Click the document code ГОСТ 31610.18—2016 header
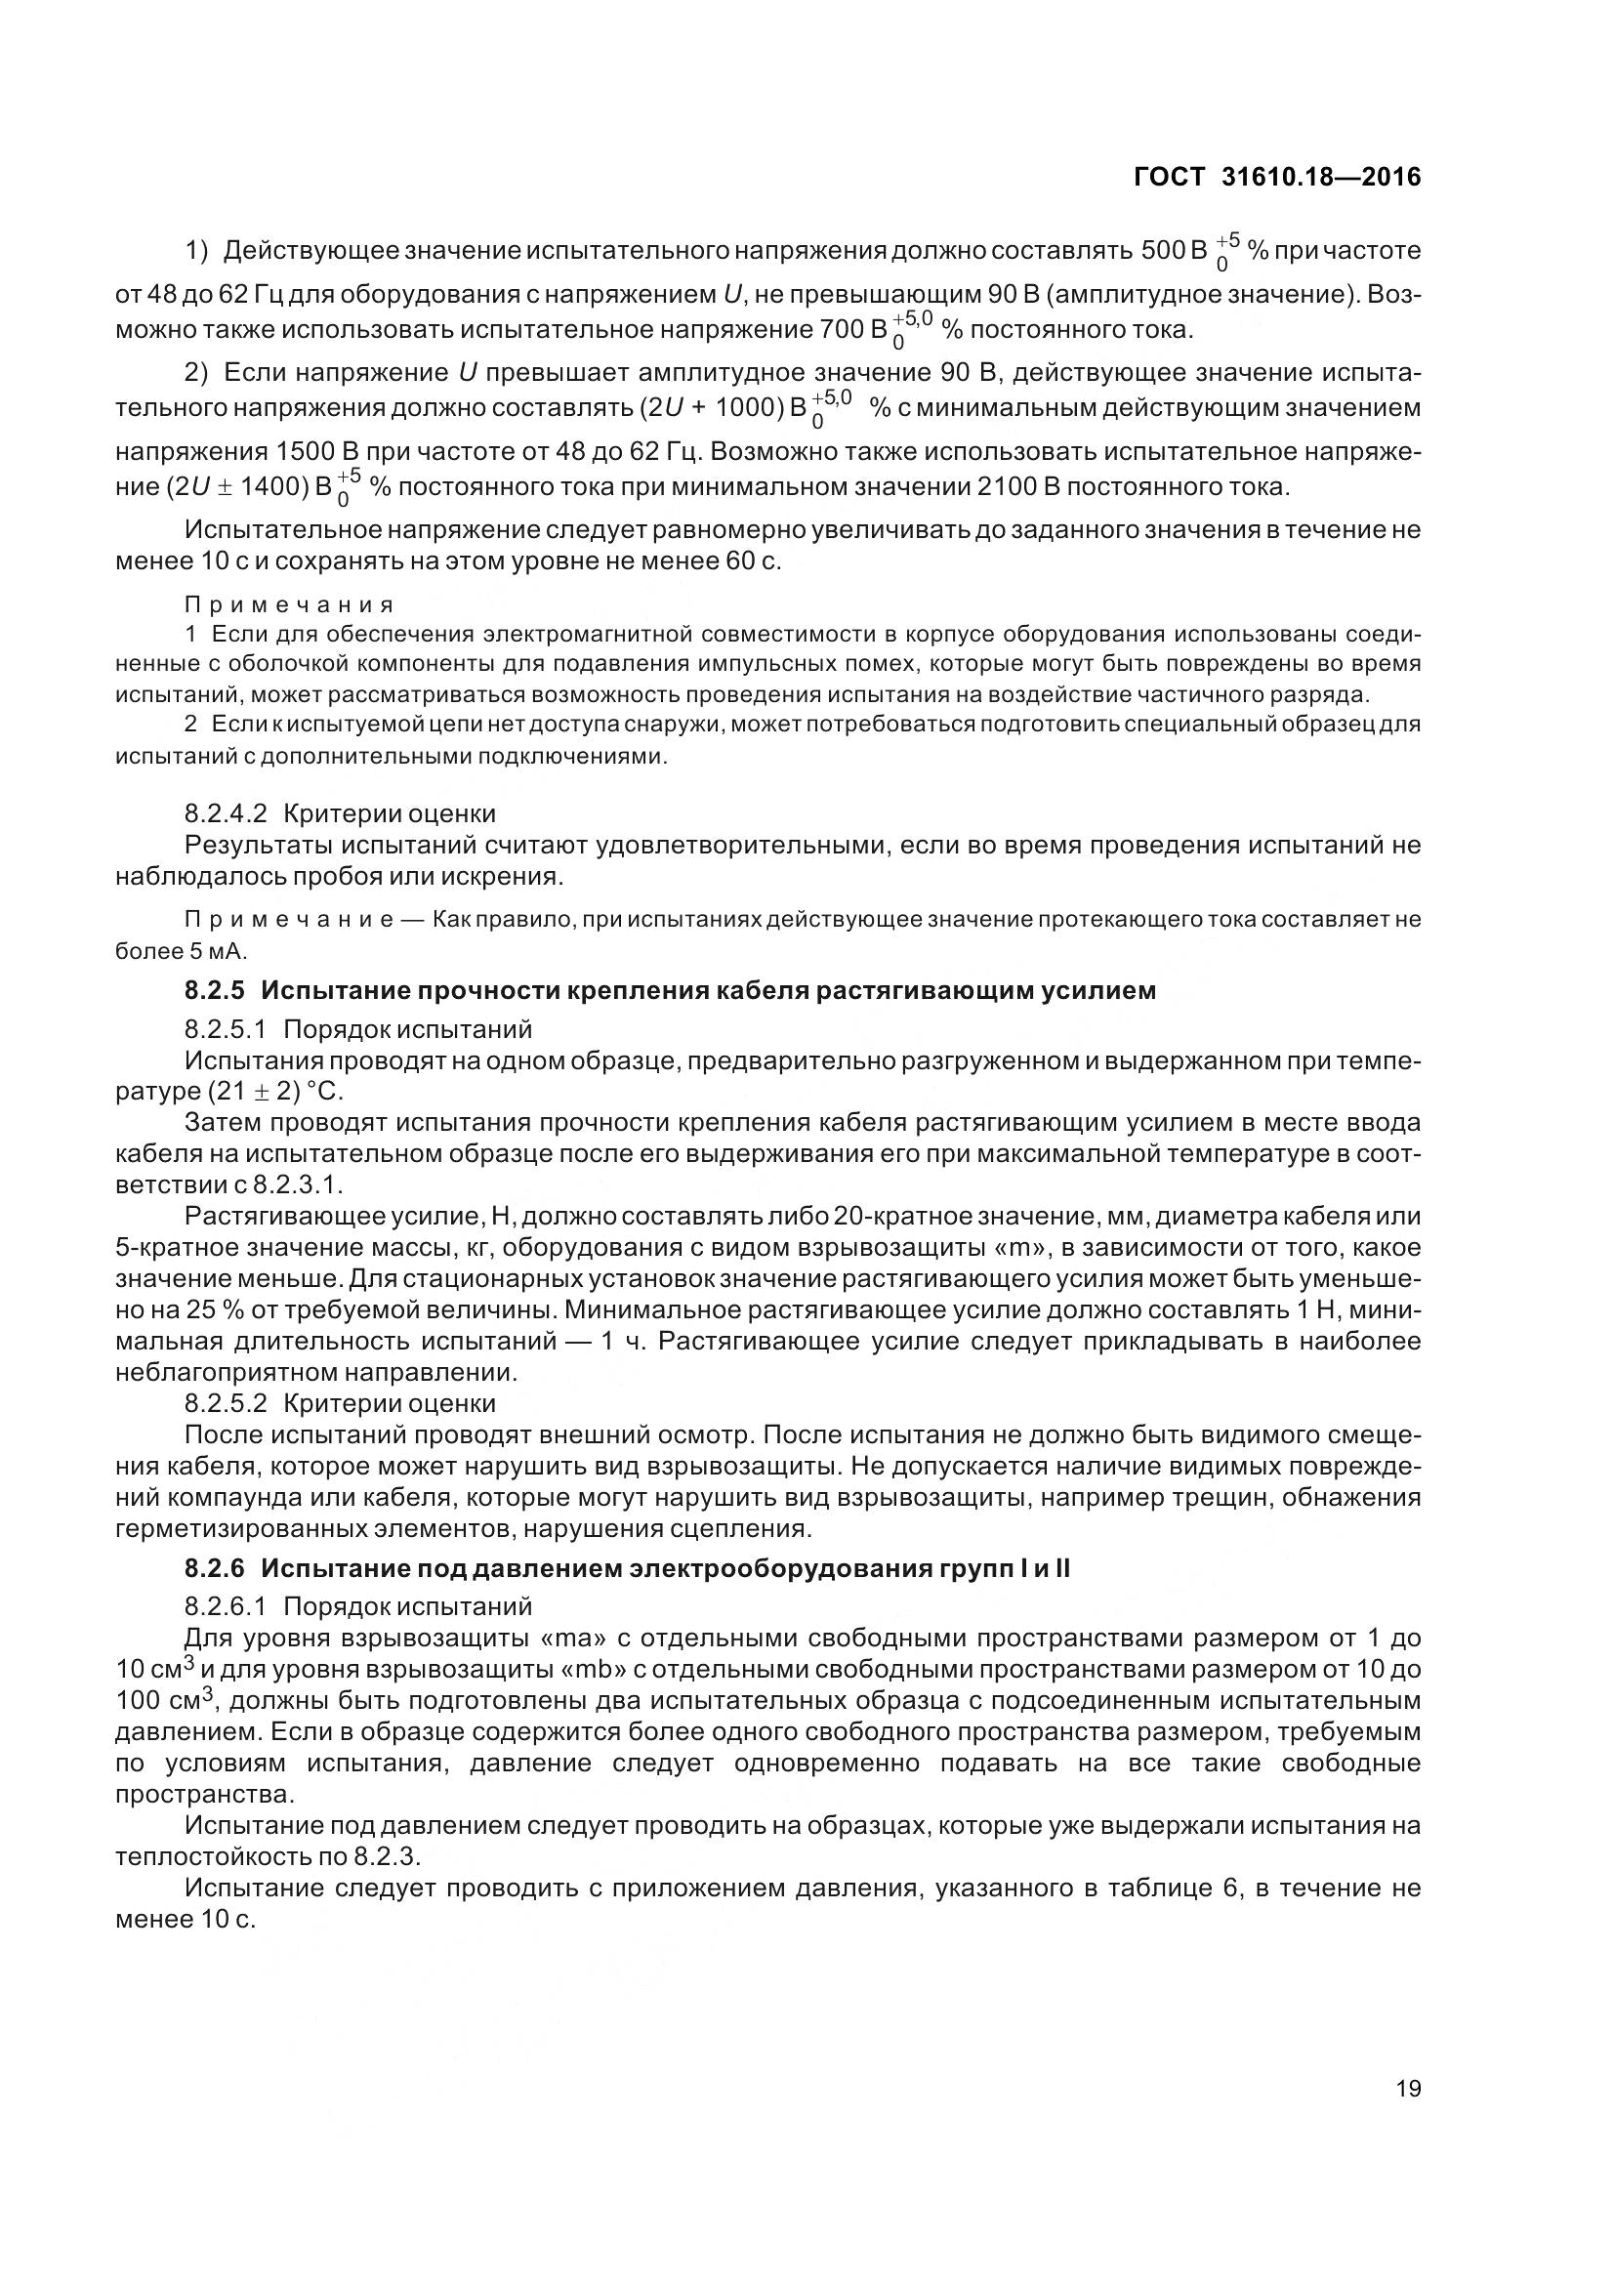(1277, 177)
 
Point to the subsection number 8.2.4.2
(226, 813)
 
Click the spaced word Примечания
(289, 604)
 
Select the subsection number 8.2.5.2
(226, 1403)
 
